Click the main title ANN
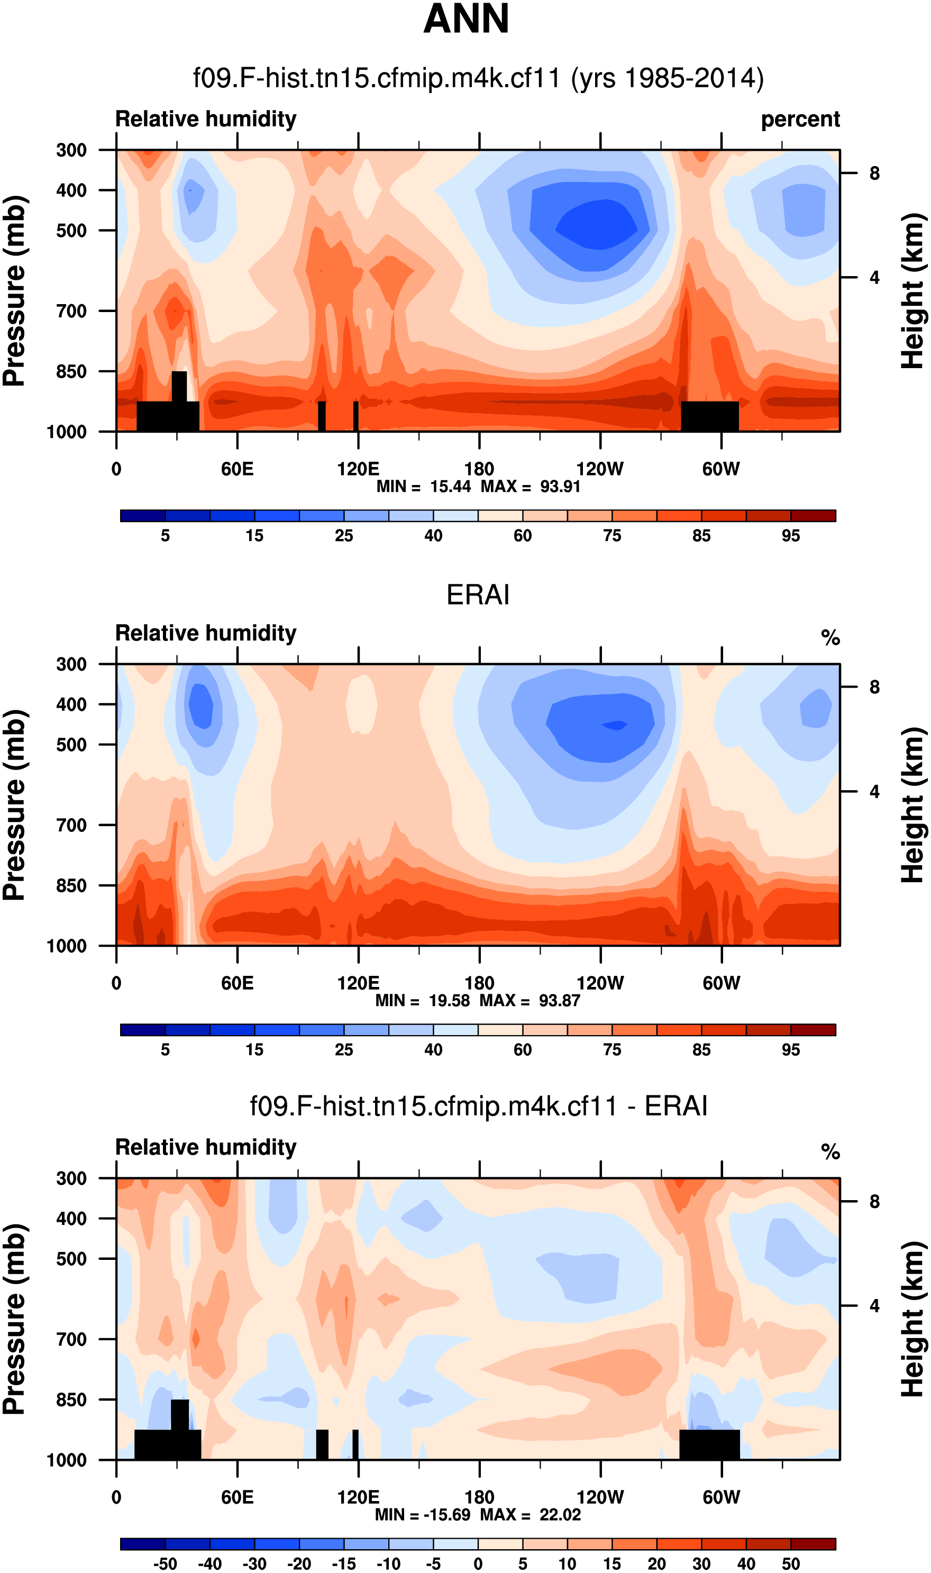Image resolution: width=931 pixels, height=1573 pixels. coord(465,19)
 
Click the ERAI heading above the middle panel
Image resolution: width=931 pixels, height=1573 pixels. coord(478,595)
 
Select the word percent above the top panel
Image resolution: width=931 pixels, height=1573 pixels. coord(800,119)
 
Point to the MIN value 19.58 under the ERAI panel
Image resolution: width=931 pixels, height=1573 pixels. coord(449,1000)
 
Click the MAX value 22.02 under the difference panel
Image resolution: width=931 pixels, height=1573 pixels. coord(560,1515)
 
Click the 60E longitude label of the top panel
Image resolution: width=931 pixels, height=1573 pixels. coord(237,469)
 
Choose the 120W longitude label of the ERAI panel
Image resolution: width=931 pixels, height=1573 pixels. coord(600,983)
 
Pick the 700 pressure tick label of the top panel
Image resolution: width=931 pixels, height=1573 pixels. coord(71,311)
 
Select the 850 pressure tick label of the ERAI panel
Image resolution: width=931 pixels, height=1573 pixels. coord(71,885)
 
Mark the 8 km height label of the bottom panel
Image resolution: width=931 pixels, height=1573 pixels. coord(874,1202)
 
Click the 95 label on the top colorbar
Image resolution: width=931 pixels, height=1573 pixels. coord(790,536)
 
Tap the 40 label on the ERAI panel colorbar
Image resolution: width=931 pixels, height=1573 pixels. coord(433,1050)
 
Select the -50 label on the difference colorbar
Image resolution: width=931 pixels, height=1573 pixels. coord(165,1563)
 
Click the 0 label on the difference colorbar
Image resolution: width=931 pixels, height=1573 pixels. coord(478,1563)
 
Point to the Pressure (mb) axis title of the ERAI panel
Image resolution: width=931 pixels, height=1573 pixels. coord(15,804)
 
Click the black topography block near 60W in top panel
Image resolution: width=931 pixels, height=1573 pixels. coord(709,416)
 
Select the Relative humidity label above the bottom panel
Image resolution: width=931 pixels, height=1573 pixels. coord(206,1147)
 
